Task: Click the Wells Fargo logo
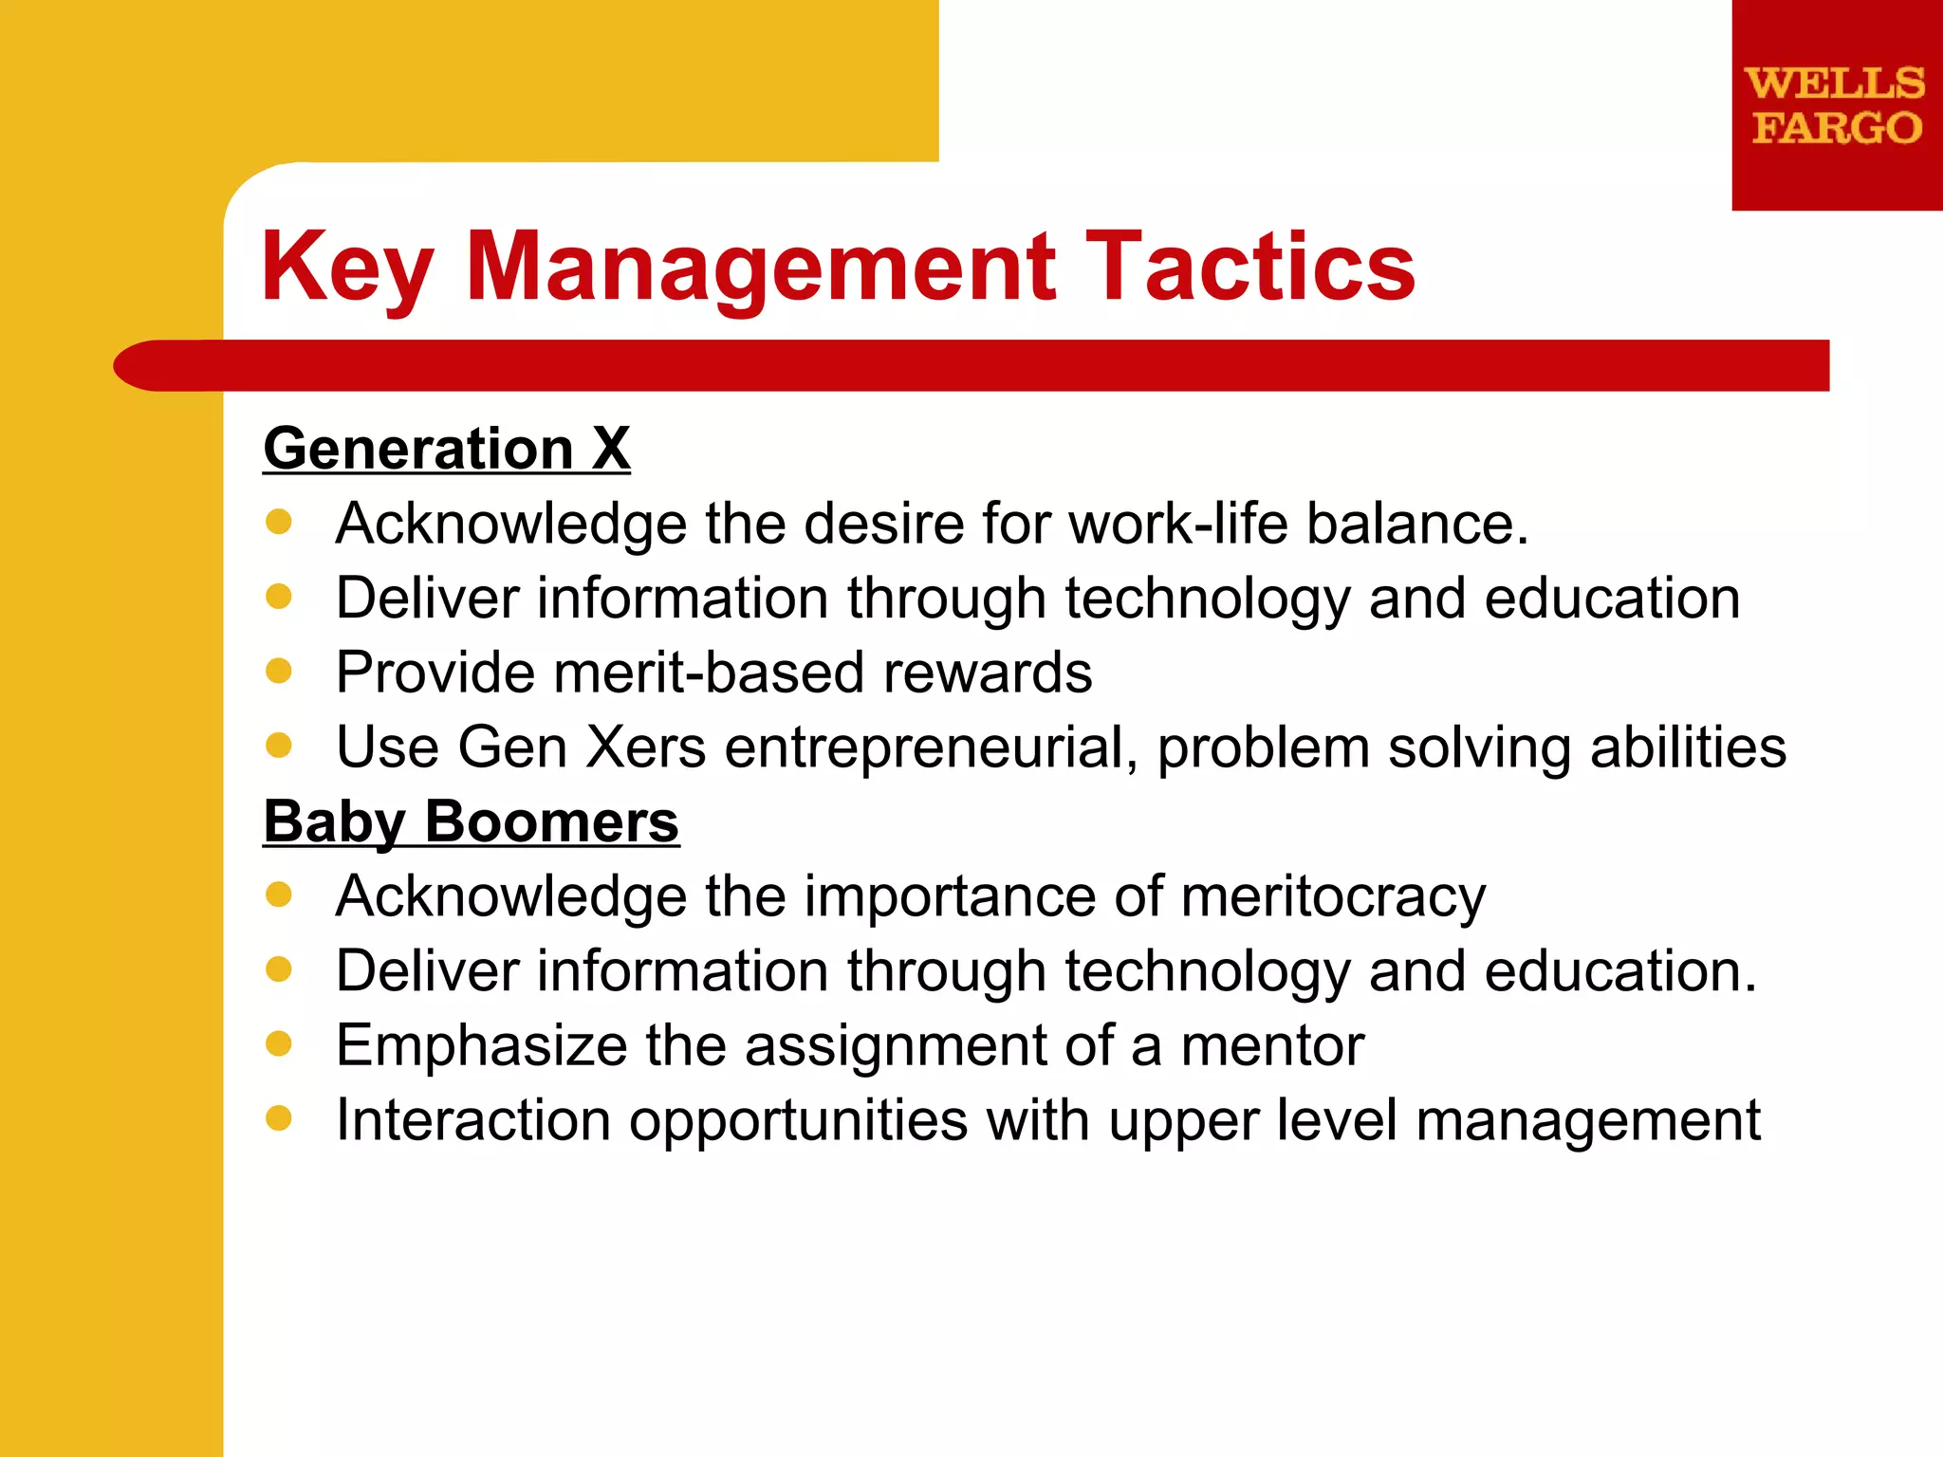coord(1836,104)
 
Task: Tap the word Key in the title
coord(347,268)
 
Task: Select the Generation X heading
coord(446,448)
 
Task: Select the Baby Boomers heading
coord(471,821)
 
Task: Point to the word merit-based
coord(708,673)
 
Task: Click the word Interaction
coord(472,1119)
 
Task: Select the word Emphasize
coord(481,1045)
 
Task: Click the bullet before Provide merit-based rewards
coord(279,672)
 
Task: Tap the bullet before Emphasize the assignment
coord(279,1043)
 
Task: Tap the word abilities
coord(1688,747)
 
